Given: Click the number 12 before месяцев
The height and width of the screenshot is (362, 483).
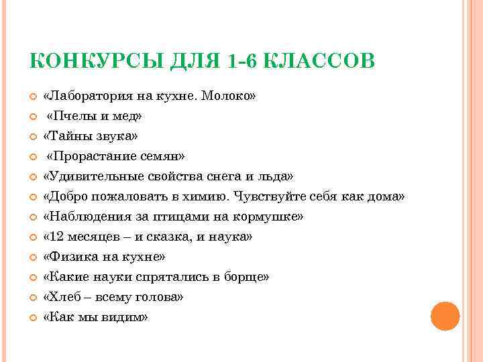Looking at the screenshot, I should (x=53, y=237).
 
